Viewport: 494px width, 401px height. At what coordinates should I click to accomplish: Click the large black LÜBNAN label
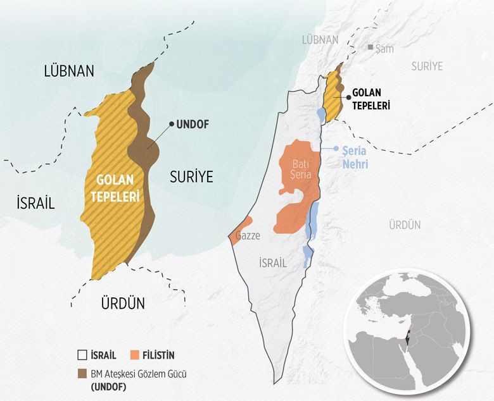pyautogui.click(x=69, y=71)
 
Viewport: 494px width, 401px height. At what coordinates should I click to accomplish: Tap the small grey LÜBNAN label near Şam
pyautogui.click(x=320, y=39)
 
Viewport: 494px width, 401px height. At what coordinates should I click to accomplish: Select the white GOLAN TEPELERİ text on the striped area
pyautogui.click(x=115, y=188)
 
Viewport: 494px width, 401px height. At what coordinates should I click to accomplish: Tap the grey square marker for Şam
pyautogui.click(x=370, y=47)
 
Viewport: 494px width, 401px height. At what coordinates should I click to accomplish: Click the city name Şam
pyautogui.click(x=384, y=48)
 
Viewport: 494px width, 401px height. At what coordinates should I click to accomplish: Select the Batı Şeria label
pyautogui.click(x=301, y=170)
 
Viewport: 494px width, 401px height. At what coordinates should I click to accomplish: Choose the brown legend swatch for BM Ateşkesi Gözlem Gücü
pyautogui.click(x=80, y=373)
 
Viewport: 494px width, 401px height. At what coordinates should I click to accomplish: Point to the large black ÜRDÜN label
pyautogui.click(x=123, y=303)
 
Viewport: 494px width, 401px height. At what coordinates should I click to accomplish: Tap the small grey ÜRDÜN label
pyautogui.click(x=405, y=225)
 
